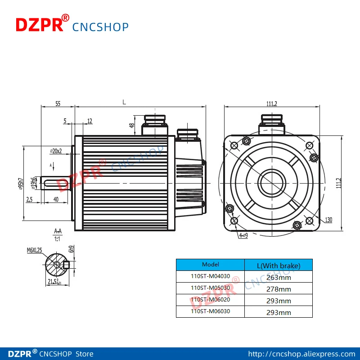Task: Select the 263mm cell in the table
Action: pos(279,277)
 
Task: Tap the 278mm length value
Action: pos(279,288)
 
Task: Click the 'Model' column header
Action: pos(210,265)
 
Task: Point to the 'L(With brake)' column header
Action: pos(279,265)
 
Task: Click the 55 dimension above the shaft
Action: pos(58,103)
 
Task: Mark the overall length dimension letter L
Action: pos(124,102)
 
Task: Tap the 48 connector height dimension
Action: pos(132,126)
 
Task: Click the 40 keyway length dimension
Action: pos(56,199)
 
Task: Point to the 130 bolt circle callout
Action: pos(328,220)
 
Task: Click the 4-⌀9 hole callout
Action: pos(243,235)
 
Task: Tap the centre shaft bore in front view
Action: pos(271,183)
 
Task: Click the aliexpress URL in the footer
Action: pos(302,354)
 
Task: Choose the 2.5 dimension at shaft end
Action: pos(29,199)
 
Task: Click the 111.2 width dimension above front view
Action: pos(271,103)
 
